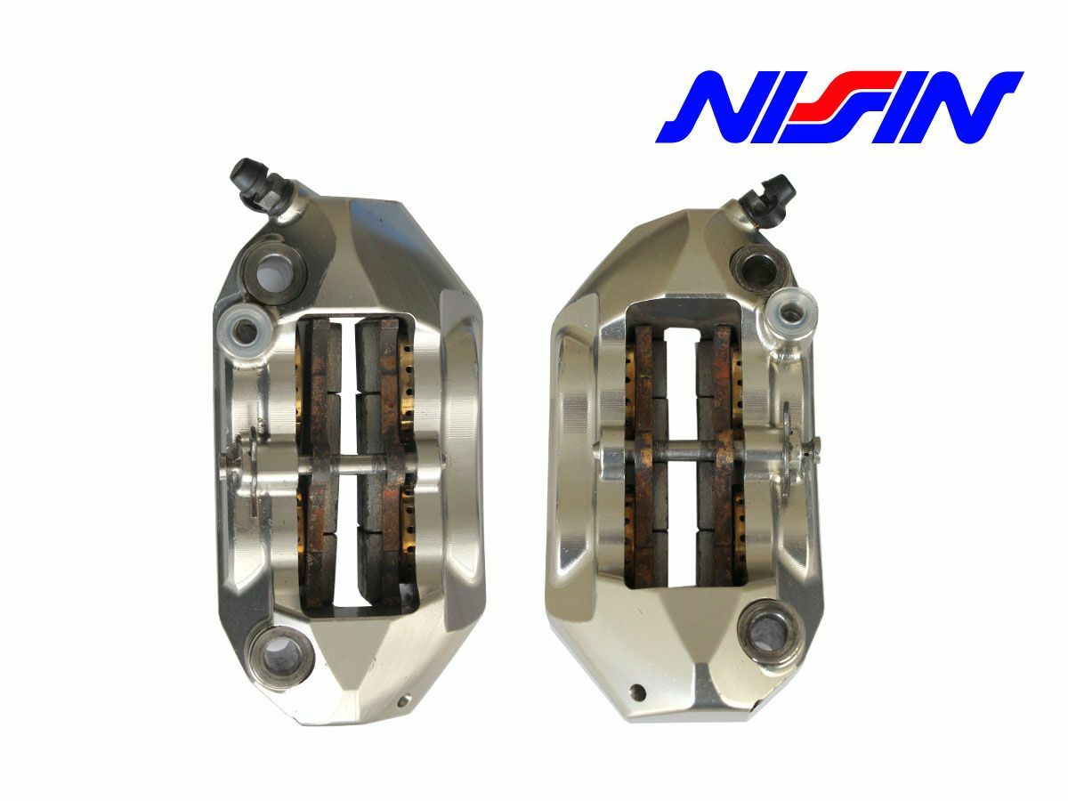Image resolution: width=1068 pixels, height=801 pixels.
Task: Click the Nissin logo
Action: [x=839, y=107]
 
